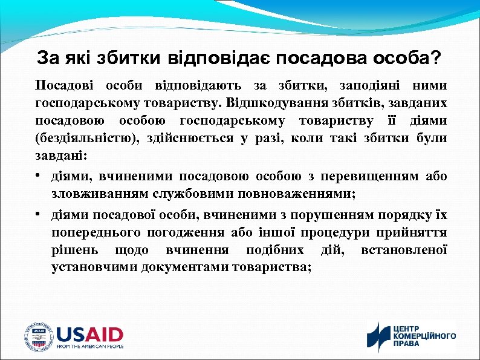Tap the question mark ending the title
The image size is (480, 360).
click(436, 59)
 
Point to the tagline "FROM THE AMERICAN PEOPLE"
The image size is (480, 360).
click(90, 347)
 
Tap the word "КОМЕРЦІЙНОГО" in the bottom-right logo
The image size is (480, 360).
click(425, 336)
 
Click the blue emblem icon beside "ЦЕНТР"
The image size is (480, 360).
click(379, 336)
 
